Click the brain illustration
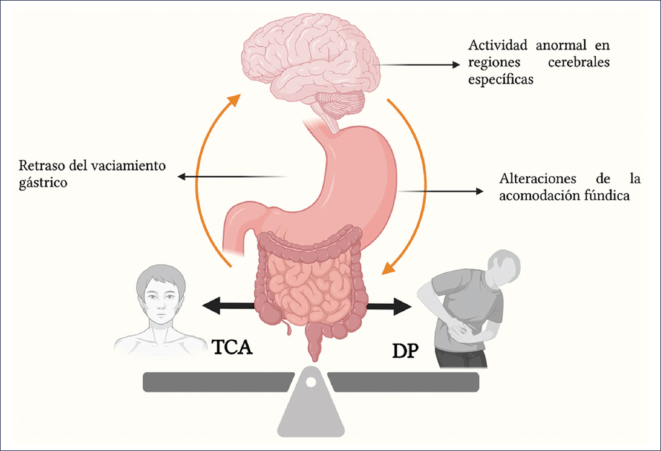(x=310, y=56)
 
